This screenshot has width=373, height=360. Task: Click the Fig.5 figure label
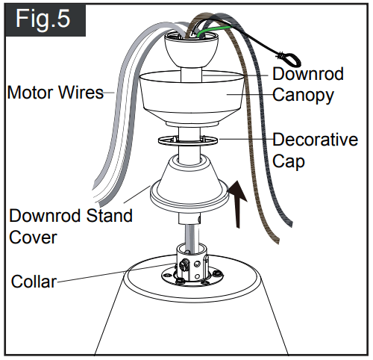click(44, 19)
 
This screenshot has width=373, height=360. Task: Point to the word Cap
click(289, 161)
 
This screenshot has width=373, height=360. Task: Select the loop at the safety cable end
click(287, 55)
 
